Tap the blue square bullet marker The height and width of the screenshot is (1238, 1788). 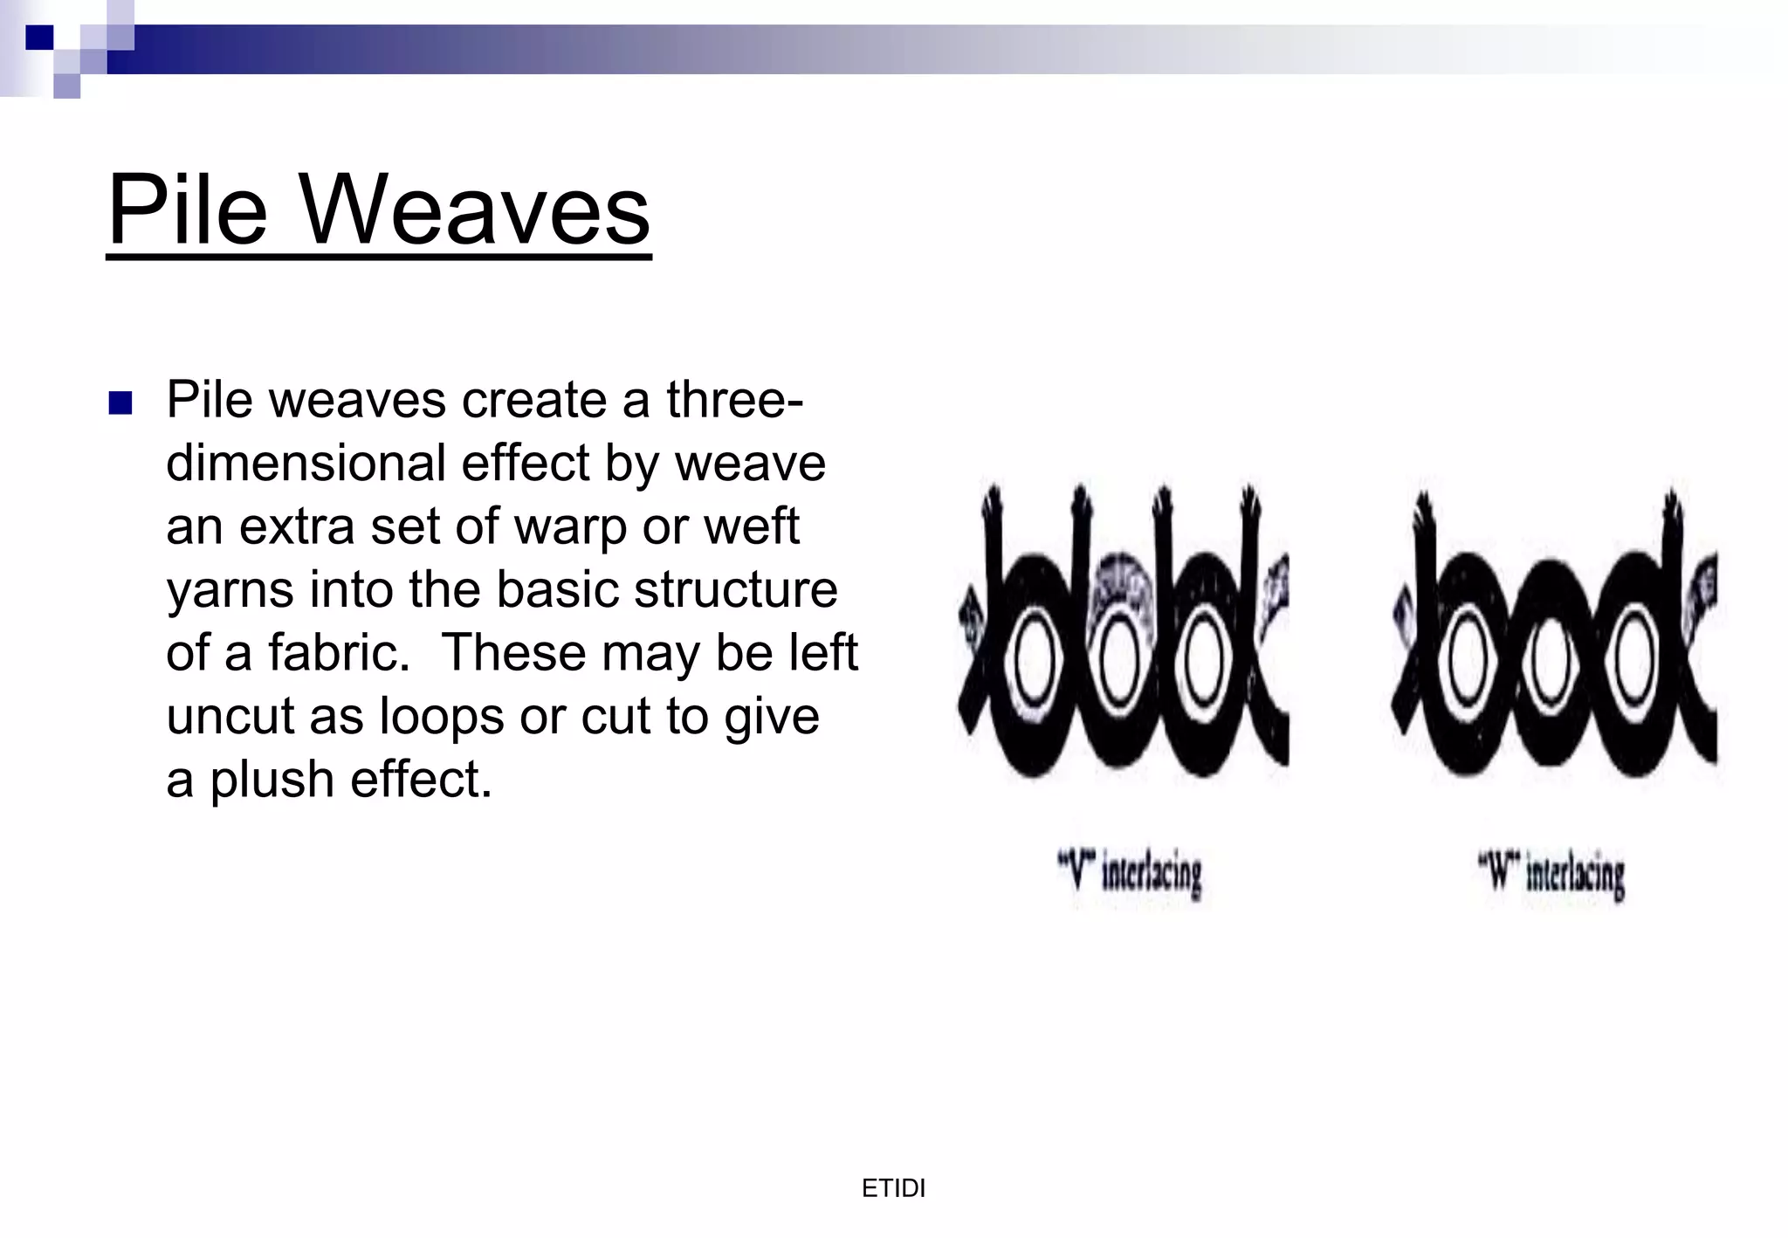click(x=120, y=402)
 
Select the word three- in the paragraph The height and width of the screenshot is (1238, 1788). click(x=734, y=400)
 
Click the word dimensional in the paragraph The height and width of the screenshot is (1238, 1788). click(x=305, y=463)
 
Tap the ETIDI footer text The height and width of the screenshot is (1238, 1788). click(x=893, y=1188)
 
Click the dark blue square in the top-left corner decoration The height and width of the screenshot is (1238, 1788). click(x=39, y=37)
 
